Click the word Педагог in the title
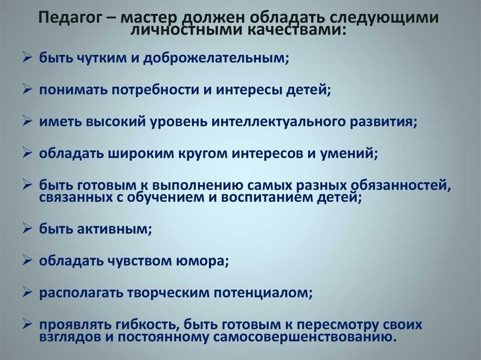[x=70, y=18]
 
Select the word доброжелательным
[x=216, y=58]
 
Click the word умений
[x=349, y=153]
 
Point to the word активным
[x=114, y=229]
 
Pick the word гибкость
[x=147, y=325]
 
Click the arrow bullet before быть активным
[x=27, y=229]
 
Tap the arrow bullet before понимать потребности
[x=27, y=89]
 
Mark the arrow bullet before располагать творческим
[x=27, y=292]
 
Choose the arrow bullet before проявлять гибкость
[x=27, y=324]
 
